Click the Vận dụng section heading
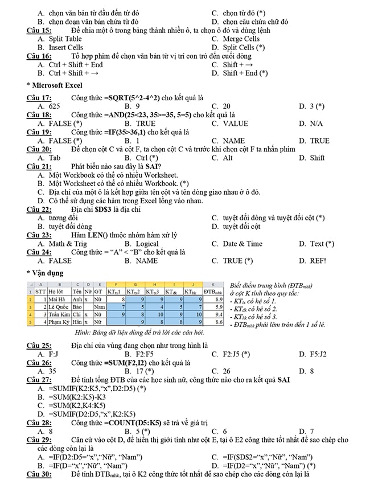(x=48, y=273)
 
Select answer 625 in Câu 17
(x=55, y=106)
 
